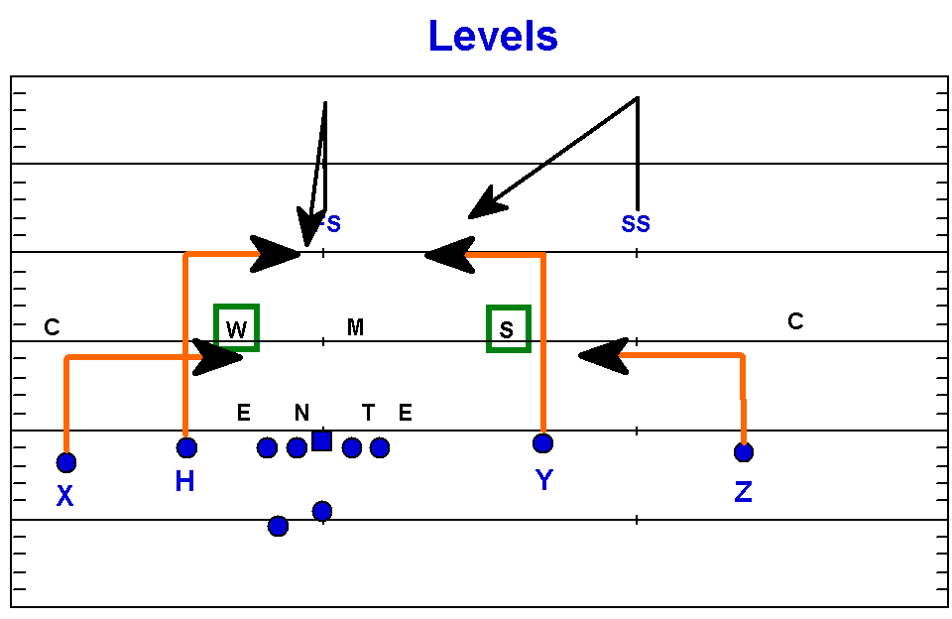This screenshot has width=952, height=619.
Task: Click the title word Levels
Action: pos(493,37)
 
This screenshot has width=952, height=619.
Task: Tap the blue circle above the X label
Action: pos(65,462)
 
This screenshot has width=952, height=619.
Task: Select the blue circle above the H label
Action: pos(186,447)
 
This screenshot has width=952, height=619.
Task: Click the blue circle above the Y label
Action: pos(542,442)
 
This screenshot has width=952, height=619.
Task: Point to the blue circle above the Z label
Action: pos(744,452)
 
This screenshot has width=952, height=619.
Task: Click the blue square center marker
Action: pos(321,440)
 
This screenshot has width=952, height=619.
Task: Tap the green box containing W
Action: pos(237,327)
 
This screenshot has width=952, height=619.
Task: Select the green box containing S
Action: pos(508,328)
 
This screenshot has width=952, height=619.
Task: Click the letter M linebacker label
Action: pos(355,326)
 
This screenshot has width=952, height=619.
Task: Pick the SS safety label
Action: pos(636,224)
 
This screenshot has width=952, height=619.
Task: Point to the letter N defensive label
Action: pos(301,412)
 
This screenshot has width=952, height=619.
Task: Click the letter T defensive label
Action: pos(368,412)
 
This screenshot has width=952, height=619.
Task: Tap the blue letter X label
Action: pos(64,496)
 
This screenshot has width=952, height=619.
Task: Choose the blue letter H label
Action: pos(184,482)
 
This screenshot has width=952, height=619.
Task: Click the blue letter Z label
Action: pos(743,490)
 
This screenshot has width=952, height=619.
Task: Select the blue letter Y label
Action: pos(543,481)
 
